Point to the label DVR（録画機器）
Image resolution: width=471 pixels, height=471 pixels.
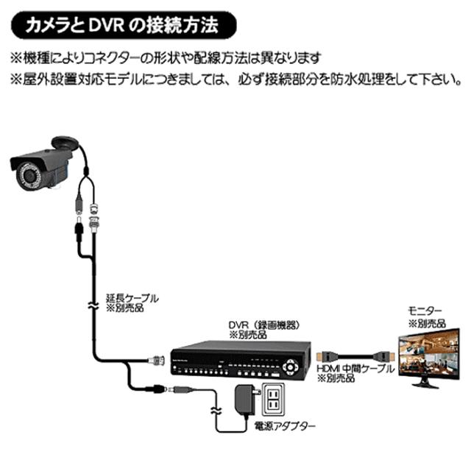265,324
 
